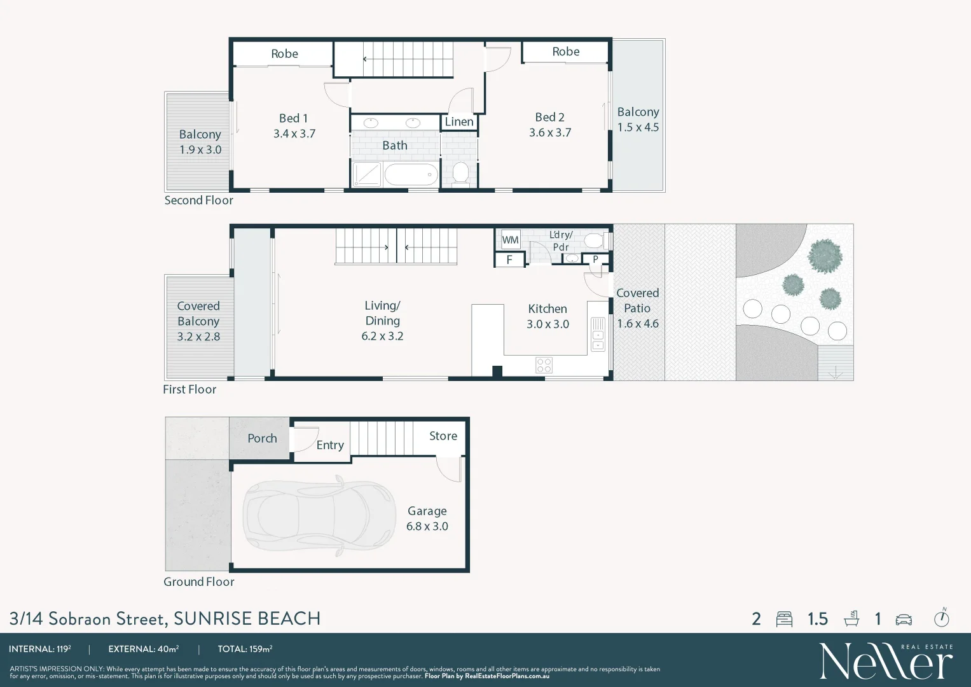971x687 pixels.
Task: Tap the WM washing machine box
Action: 510,240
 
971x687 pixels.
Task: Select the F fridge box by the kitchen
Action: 509,260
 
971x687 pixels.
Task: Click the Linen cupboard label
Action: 458,122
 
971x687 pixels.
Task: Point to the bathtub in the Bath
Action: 411,174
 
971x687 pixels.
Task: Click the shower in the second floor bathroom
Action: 367,174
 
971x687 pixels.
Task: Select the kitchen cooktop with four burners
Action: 544,365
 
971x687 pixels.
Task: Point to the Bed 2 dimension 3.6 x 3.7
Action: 550,133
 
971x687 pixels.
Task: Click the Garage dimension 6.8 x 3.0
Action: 427,527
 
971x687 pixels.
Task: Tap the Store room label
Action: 443,436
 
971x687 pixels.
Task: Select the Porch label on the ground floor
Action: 262,438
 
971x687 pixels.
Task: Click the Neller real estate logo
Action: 886,661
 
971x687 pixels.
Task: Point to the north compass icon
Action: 941,618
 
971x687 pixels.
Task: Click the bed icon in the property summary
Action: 784,619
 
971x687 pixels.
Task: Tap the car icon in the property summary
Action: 904,620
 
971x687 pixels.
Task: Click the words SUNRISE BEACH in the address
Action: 247,618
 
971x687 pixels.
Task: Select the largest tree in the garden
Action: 825,256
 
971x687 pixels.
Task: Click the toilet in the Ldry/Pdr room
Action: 593,240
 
